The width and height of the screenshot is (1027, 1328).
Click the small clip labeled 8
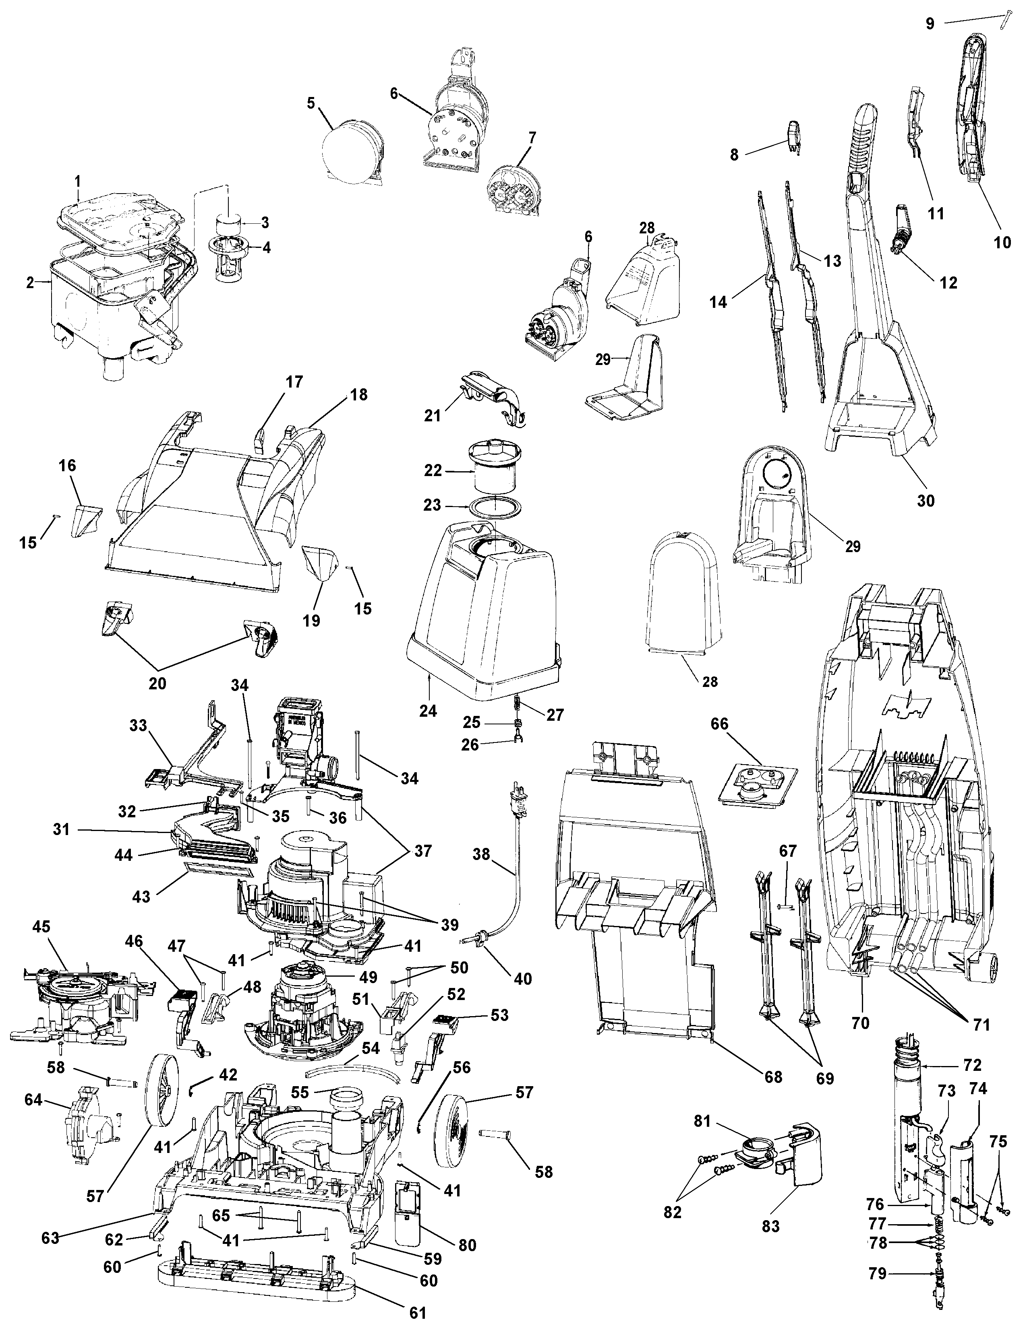point(793,137)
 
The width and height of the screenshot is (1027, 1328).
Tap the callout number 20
point(157,683)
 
